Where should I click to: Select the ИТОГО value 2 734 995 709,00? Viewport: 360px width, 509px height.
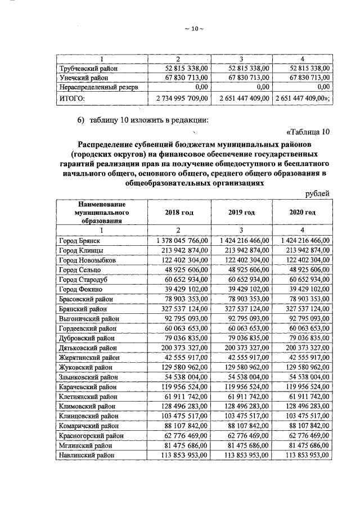click(178, 98)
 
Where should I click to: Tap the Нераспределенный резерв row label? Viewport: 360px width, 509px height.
click(98, 87)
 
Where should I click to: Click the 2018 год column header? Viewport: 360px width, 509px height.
click(179, 213)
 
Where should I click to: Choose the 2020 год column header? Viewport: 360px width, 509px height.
click(301, 213)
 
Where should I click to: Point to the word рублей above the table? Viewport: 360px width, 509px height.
click(317, 193)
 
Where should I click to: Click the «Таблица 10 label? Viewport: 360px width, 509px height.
click(307, 132)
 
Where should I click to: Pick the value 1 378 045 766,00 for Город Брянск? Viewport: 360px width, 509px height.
click(178, 240)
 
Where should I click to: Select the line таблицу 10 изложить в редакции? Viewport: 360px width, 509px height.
click(143, 119)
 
